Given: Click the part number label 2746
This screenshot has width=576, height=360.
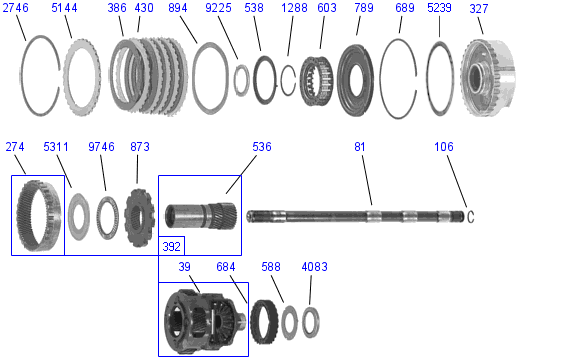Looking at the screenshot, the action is [x=15, y=8].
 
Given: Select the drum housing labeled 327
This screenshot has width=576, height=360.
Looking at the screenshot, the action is [x=488, y=78].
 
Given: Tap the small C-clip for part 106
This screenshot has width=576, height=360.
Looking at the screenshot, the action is [x=471, y=217].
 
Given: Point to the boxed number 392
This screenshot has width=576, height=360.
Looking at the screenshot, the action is [x=172, y=246].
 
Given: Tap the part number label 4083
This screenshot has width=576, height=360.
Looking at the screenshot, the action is [x=314, y=267].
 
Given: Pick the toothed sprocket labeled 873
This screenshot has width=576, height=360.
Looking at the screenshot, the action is [x=139, y=217].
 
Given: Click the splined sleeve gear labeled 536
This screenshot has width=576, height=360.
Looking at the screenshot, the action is [x=201, y=216].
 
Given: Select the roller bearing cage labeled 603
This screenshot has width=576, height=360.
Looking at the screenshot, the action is [x=317, y=81].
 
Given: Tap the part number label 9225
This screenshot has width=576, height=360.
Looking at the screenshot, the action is [x=218, y=8].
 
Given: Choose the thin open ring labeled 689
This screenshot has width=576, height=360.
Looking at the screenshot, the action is [x=381, y=79].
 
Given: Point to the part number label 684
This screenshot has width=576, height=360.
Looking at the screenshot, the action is [x=226, y=267].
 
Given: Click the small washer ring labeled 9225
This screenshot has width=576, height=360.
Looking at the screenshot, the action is [x=235, y=80].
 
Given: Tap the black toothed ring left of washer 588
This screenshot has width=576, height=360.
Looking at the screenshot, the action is [x=253, y=322].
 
